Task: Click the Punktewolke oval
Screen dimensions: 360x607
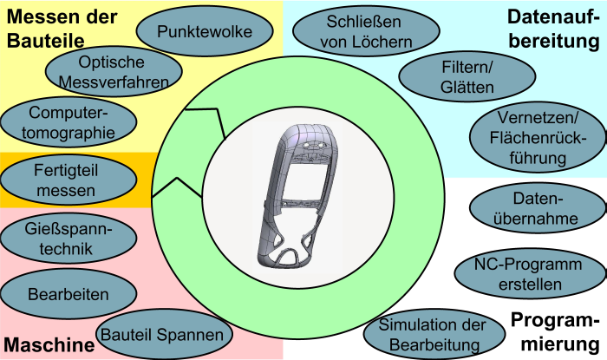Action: click(x=205, y=32)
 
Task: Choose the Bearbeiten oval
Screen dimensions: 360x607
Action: click(x=68, y=293)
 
